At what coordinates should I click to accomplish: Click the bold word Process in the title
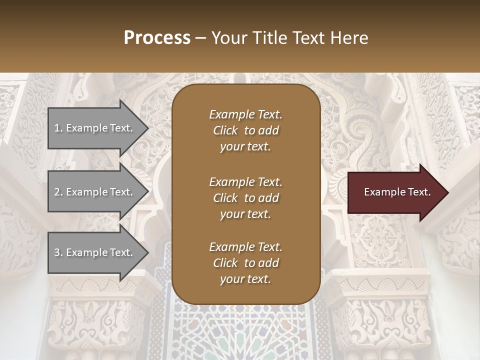157,38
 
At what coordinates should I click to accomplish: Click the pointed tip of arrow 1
147,128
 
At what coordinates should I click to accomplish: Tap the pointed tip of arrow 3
147,252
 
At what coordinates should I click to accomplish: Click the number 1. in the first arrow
58,128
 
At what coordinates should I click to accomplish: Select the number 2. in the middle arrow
58,192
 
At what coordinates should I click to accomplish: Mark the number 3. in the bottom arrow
58,252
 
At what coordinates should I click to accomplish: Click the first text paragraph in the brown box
245,130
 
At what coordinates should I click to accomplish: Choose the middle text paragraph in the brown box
245,198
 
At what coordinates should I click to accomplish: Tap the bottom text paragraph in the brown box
245,263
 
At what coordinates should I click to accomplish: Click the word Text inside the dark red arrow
419,192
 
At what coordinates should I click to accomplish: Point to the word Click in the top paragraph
225,130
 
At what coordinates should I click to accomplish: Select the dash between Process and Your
201,38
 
